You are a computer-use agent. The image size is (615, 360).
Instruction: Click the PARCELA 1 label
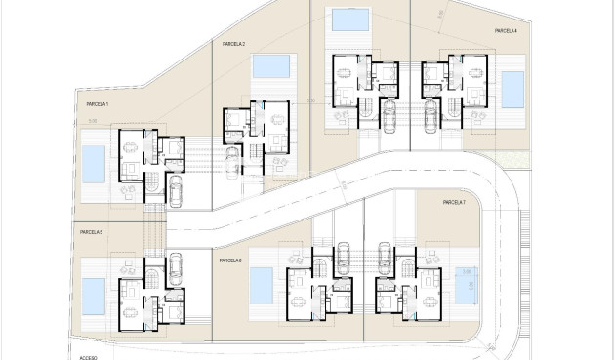tap(97, 103)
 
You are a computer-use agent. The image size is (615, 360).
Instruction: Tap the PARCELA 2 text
tap(233, 45)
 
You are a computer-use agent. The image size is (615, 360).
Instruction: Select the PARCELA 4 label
tap(505, 31)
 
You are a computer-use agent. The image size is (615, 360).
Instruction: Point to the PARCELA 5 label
tap(92, 232)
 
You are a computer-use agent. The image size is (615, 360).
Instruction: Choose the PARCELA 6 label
tap(230, 260)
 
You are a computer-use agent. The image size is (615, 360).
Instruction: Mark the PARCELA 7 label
tap(454, 202)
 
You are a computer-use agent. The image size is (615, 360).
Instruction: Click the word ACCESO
tap(89, 357)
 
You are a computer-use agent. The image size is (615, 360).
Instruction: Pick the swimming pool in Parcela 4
tap(511, 89)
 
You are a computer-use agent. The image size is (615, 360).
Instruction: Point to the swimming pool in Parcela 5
tap(94, 292)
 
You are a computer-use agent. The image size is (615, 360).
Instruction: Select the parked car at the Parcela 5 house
tap(176, 269)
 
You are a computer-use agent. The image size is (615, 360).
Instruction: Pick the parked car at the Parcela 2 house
tap(233, 161)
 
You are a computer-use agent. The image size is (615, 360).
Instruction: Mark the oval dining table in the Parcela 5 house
tap(129, 266)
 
